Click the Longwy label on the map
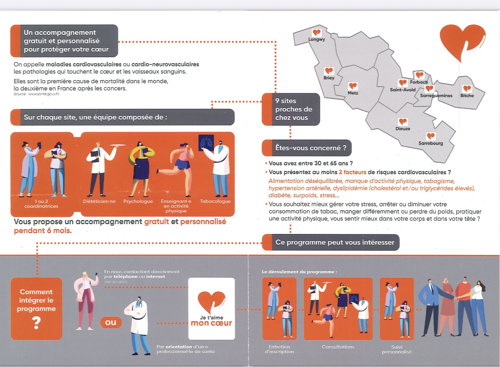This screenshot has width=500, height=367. [317, 40]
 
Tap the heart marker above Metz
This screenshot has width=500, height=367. [353, 86]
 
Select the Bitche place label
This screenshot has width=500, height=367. [467, 95]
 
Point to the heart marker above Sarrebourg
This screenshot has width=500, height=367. [431, 136]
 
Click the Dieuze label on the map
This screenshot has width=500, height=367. [403, 129]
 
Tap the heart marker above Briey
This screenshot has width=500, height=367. [329, 71]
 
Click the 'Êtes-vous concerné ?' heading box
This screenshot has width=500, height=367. [307, 148]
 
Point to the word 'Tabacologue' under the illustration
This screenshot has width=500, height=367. [215, 201]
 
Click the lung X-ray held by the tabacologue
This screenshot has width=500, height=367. [206, 142]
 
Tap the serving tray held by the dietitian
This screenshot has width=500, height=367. [118, 145]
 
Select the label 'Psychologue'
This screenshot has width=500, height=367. [138, 201]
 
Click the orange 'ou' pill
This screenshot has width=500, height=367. [111, 322]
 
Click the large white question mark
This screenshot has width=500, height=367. [37, 323]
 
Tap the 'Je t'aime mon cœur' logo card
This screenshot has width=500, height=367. [211, 309]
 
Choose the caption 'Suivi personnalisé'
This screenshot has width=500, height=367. [397, 349]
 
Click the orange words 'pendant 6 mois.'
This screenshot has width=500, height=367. [43, 230]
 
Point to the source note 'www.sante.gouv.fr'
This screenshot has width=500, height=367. [36, 94]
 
